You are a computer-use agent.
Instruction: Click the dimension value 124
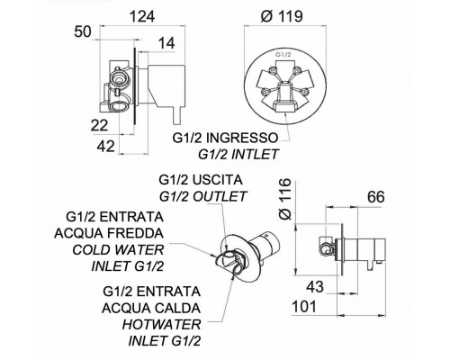pyautogui.click(x=142, y=16)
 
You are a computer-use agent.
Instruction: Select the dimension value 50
pyautogui.click(x=83, y=31)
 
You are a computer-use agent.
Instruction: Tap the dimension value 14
pyautogui.click(x=166, y=43)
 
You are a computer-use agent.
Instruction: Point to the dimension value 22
pyautogui.click(x=99, y=125)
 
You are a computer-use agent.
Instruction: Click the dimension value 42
pyautogui.click(x=106, y=147)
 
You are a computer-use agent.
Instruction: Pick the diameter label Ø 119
pyautogui.click(x=282, y=16)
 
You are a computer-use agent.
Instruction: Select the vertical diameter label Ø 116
pyautogui.click(x=285, y=199)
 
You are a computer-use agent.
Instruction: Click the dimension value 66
pyautogui.click(x=375, y=197)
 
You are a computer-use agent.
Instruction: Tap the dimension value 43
pyautogui.click(x=315, y=287)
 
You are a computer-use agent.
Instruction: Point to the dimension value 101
pyautogui.click(x=304, y=307)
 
